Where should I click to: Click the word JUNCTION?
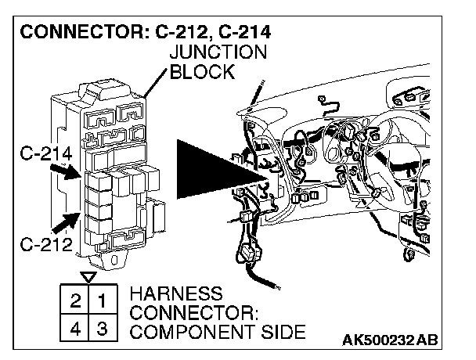click(219, 53)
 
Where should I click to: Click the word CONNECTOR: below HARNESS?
click(193, 314)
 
